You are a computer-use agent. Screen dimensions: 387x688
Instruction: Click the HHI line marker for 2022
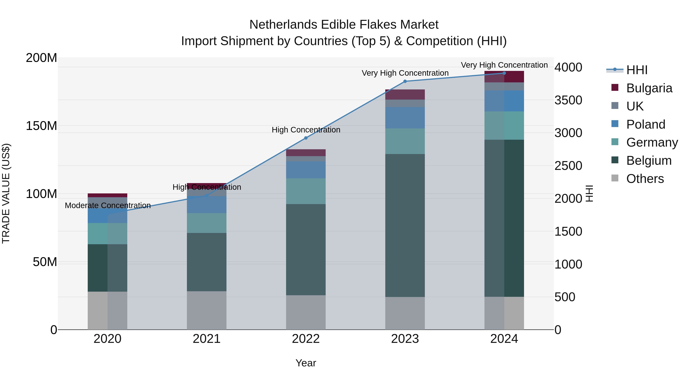pos(306,138)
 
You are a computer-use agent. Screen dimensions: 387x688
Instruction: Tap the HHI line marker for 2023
pos(405,81)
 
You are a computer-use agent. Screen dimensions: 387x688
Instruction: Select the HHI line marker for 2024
pos(504,73)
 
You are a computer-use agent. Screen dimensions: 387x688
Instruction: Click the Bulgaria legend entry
pos(649,88)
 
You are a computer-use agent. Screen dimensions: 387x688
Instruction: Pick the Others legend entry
pos(645,179)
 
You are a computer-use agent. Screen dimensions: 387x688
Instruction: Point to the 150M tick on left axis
pos(41,126)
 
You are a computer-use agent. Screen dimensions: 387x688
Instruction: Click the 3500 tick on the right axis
pos(568,100)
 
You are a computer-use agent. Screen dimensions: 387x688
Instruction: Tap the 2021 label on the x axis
pos(206,339)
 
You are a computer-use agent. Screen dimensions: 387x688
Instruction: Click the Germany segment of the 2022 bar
pos(306,191)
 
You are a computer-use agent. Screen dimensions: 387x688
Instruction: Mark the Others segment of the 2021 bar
pos(206,310)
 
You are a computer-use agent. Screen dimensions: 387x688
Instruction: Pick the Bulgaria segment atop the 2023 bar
pos(405,95)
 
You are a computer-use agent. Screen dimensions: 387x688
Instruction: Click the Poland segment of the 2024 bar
pos(504,101)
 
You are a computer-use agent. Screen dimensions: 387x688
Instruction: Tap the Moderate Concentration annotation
pos(108,205)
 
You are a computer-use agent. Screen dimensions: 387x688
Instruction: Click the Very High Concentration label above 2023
pos(405,73)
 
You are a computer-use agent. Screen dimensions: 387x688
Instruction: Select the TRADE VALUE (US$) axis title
pos(6,193)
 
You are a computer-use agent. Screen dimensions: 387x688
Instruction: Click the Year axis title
pos(306,363)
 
